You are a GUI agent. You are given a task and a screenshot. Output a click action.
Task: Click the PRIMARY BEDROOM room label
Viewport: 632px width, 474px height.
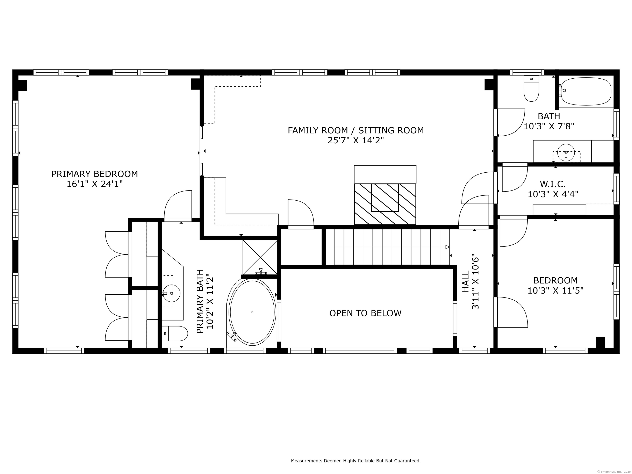[x=95, y=174]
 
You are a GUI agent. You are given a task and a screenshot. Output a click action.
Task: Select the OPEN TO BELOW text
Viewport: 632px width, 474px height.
[x=365, y=313]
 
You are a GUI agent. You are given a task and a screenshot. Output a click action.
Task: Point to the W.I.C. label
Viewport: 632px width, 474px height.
[x=553, y=184]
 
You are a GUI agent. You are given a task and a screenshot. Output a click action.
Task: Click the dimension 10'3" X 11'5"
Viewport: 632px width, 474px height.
[x=555, y=290]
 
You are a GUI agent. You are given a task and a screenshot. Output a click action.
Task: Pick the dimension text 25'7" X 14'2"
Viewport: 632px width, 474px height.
[x=356, y=141]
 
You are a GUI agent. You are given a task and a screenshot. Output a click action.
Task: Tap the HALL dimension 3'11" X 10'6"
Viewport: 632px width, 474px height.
[x=475, y=281]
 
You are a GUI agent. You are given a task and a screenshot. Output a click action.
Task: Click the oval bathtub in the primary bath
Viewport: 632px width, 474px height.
[x=252, y=312]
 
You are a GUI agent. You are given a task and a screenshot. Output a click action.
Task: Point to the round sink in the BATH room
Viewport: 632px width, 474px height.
[x=566, y=153]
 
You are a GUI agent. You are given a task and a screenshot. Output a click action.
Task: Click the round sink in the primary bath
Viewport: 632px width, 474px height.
[x=171, y=293]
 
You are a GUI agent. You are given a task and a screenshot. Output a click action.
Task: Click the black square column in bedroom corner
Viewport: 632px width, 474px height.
[x=601, y=342]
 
